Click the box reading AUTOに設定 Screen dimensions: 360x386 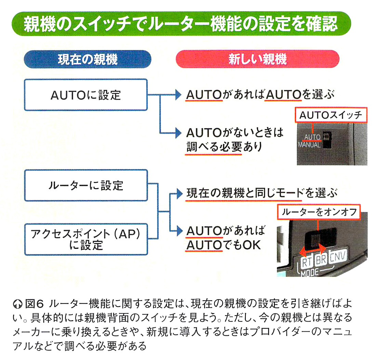(85, 95)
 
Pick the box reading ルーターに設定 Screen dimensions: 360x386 (85, 186)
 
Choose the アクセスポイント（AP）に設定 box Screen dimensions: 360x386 (85, 239)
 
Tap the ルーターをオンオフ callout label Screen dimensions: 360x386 (319, 212)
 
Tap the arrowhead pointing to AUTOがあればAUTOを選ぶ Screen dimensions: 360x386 (177, 95)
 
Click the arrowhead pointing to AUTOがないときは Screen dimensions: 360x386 (177, 132)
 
